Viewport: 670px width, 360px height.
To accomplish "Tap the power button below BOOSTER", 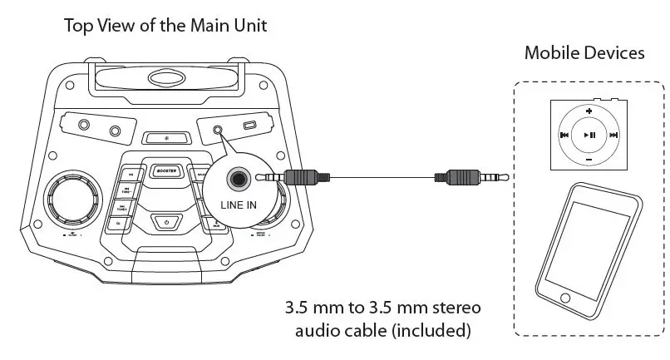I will pos(167,221).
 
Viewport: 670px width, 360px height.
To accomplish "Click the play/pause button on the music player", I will pos(589,134).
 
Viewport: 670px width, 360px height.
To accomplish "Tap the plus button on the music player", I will pos(589,111).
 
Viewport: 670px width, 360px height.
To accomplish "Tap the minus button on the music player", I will pos(589,158).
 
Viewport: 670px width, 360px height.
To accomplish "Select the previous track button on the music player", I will pos(564,135).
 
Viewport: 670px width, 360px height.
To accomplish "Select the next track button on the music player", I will pos(613,135).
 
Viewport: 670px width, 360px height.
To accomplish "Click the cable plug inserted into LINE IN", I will pos(299,177).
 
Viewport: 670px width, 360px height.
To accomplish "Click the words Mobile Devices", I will pos(584,53).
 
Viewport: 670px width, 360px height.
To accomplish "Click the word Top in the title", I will pos(79,26).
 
